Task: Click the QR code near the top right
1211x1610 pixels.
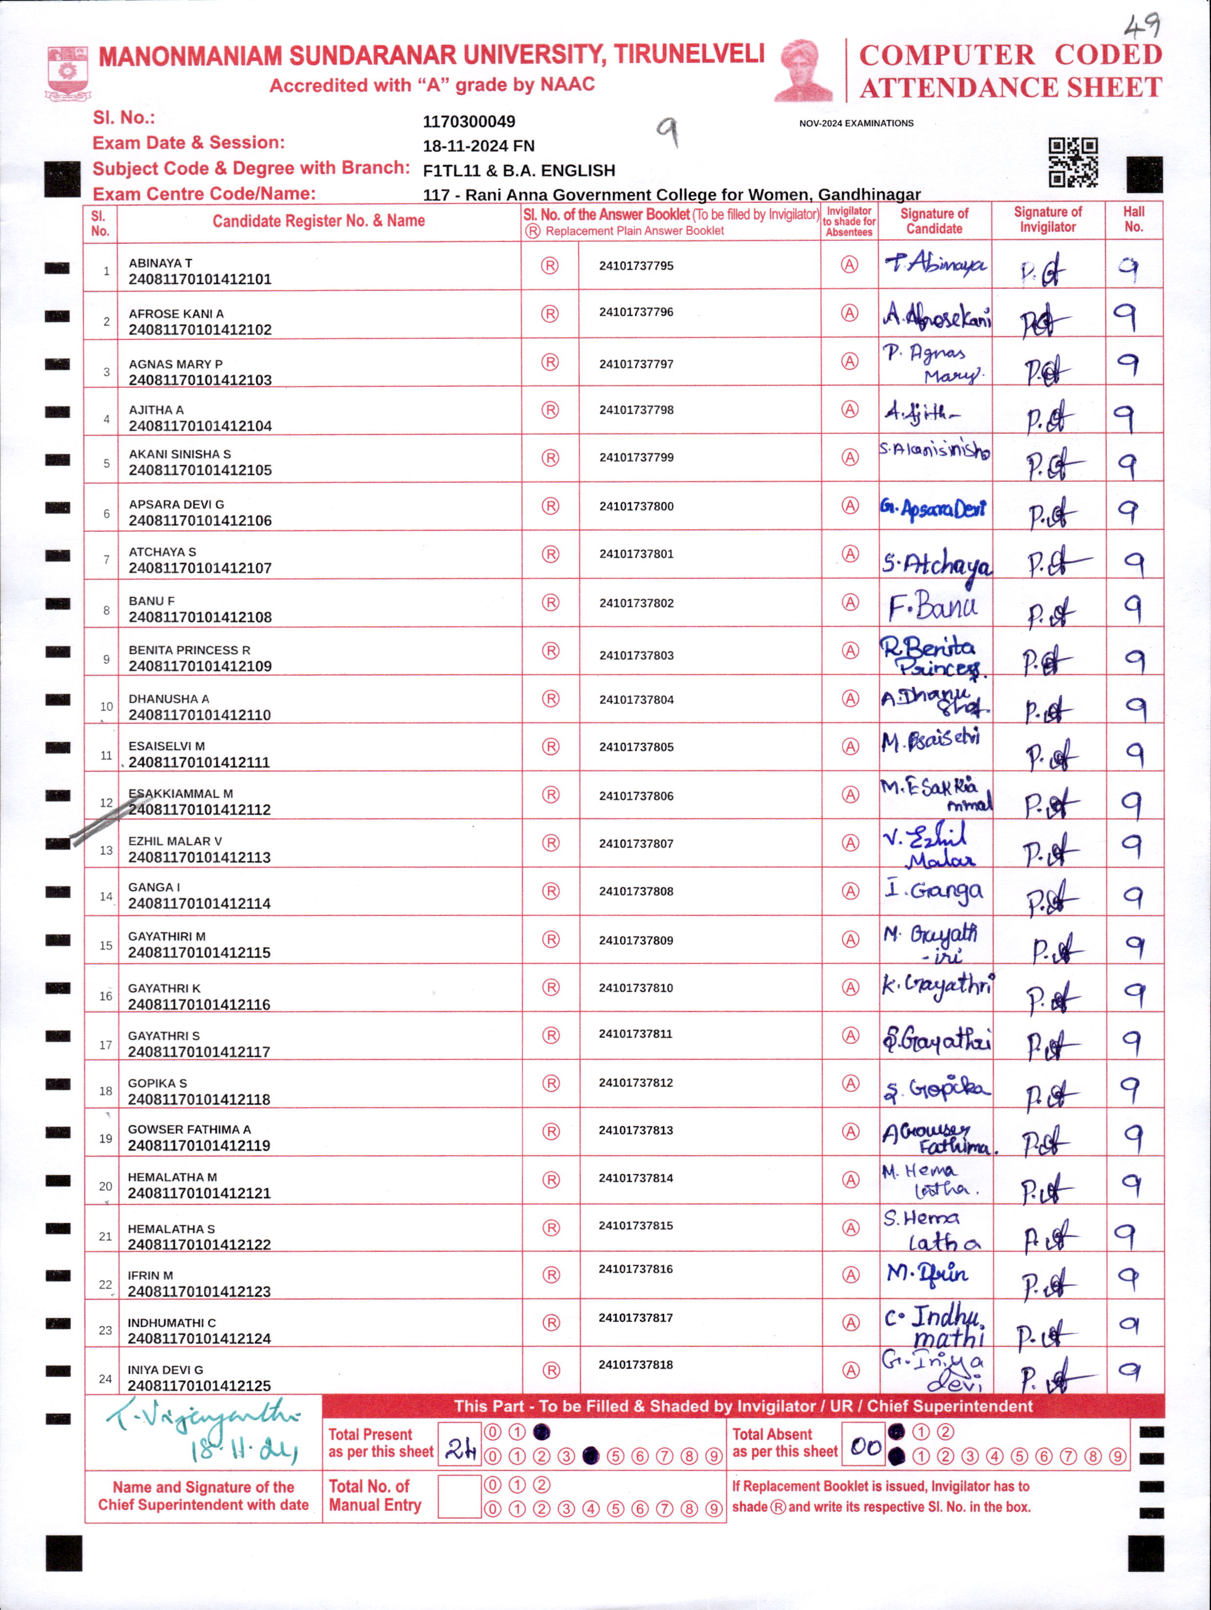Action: click(1073, 163)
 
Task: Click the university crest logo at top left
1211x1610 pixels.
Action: click(67, 73)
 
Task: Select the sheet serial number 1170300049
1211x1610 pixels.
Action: click(469, 122)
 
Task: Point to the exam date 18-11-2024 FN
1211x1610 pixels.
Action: click(478, 146)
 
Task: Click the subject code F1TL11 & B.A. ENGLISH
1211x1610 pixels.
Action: click(518, 170)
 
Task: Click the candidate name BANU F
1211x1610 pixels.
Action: click(152, 601)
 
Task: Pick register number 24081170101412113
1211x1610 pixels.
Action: click(200, 857)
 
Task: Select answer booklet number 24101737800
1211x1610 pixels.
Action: click(636, 506)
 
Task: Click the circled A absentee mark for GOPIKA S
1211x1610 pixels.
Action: click(850, 1083)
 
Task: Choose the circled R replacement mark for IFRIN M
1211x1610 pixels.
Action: click(551, 1275)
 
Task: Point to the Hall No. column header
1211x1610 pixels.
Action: click(1133, 219)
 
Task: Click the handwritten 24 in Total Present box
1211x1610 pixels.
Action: click(460, 1450)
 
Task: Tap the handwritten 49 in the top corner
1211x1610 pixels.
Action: click(1141, 27)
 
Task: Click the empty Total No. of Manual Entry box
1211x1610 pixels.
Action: click(459, 1497)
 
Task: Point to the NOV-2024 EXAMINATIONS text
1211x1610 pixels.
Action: click(856, 123)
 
